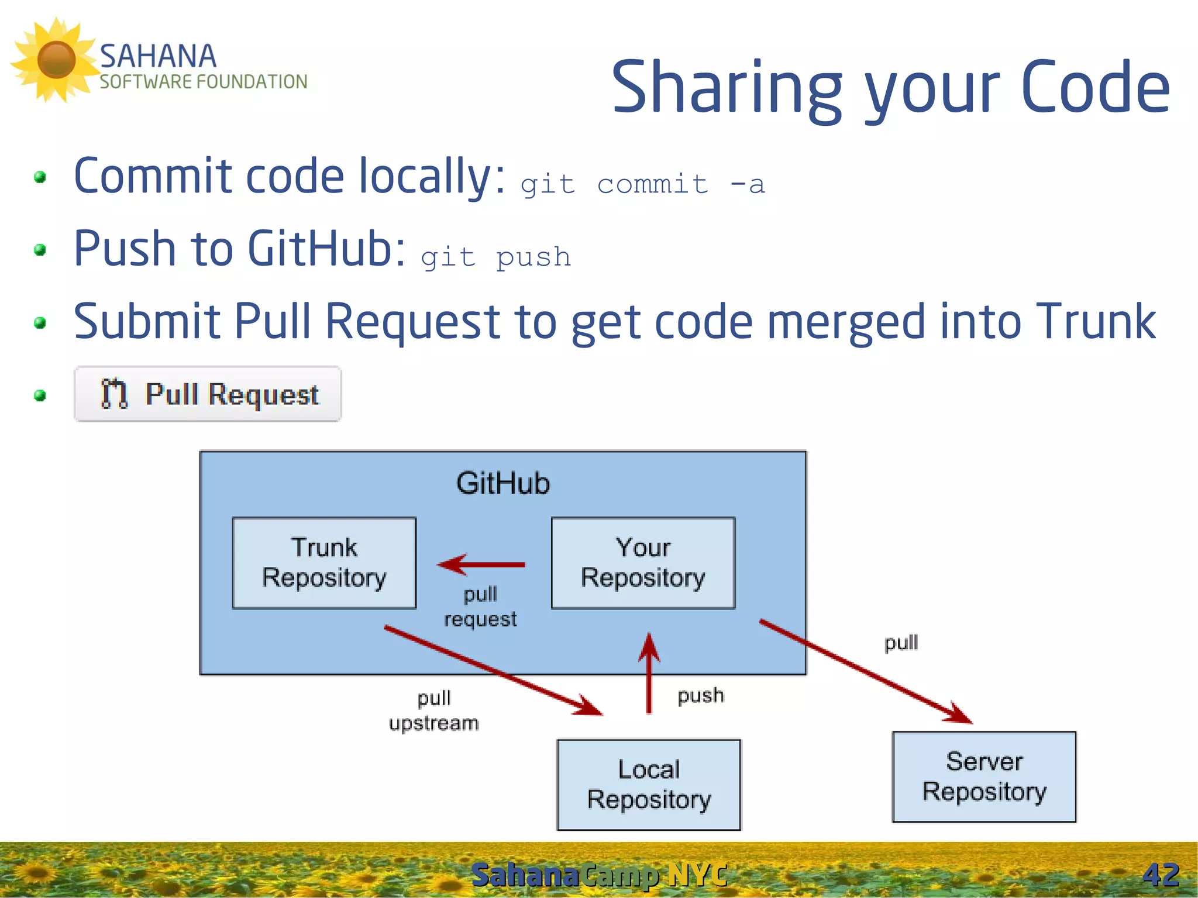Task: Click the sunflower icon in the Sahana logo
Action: point(56,60)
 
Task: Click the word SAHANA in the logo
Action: point(158,57)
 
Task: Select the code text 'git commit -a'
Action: point(642,185)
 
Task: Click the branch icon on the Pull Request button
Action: point(114,394)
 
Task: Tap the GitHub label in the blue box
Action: point(503,483)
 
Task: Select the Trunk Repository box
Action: point(324,563)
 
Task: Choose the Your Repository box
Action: point(643,563)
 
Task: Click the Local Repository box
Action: point(649,785)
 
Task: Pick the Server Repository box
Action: point(984,777)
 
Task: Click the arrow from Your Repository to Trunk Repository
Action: point(481,565)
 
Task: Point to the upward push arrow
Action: point(649,673)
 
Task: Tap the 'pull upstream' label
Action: point(433,710)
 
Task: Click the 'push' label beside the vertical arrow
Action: point(701,696)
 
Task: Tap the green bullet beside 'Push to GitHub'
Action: point(40,250)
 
